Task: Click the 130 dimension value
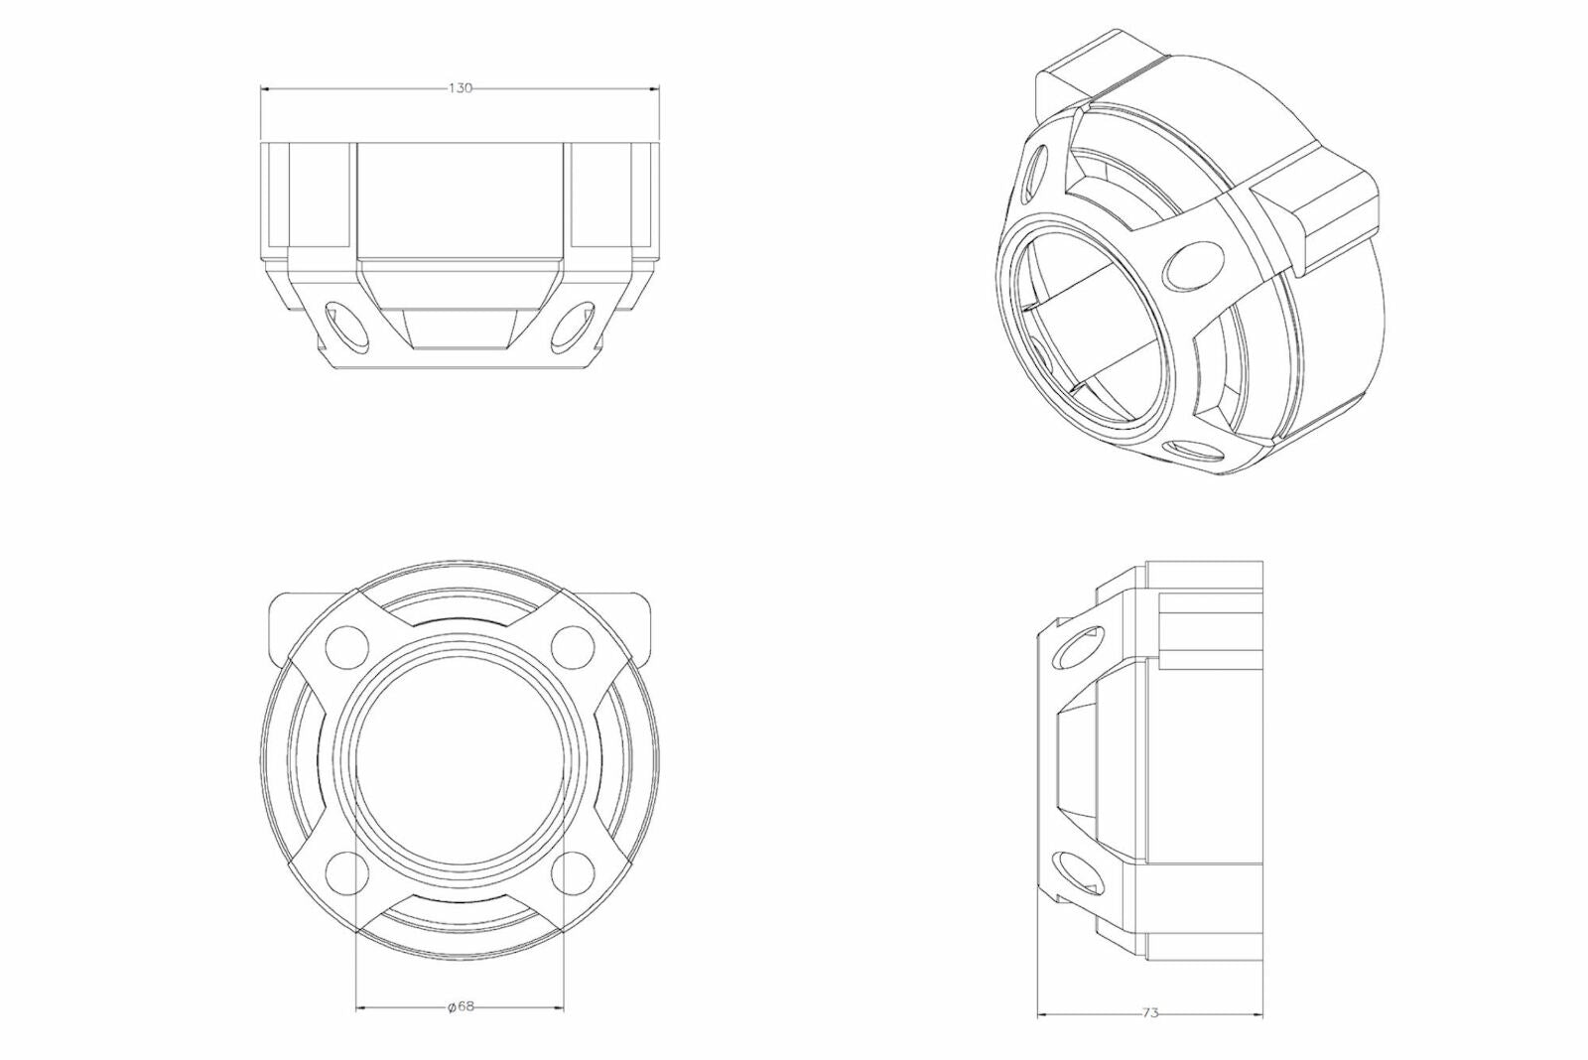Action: tap(460, 88)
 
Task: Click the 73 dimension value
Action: tap(1150, 1013)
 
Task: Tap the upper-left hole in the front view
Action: tap(347, 647)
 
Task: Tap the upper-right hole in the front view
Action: tap(571, 647)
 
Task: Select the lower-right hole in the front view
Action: tap(572, 870)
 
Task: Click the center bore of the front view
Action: tap(459, 759)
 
